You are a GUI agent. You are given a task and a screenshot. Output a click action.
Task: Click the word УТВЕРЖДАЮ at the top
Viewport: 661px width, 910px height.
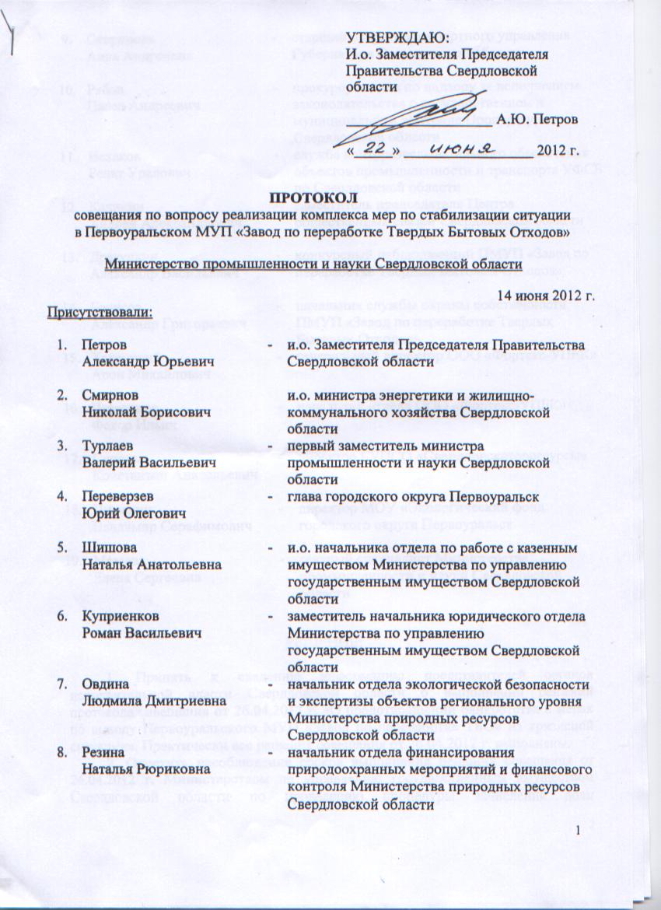coord(397,38)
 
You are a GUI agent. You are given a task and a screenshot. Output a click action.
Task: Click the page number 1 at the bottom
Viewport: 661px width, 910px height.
coord(579,835)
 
